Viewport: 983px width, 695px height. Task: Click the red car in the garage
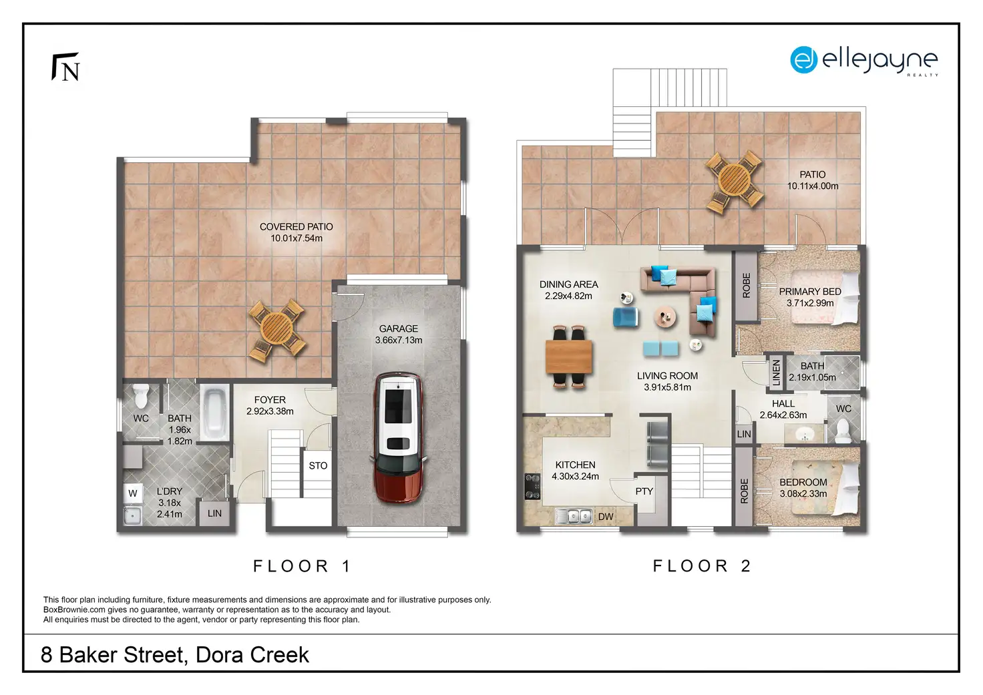398,437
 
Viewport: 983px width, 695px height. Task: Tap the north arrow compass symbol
66,67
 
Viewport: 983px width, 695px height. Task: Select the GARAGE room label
399,328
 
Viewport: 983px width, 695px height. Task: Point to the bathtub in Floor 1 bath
215,412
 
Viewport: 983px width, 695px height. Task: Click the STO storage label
318,465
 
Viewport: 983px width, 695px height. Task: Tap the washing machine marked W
133,493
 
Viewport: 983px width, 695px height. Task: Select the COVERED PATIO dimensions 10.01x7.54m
297,238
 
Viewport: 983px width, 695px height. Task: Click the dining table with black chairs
568,357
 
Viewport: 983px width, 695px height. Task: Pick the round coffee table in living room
665,316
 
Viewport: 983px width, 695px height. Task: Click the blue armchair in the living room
625,316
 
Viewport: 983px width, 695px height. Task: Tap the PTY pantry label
644,491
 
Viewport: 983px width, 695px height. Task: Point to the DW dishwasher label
606,517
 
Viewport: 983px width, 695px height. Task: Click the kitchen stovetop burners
532,486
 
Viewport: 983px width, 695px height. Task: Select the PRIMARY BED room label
810,291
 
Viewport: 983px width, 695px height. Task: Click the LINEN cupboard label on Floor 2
776,373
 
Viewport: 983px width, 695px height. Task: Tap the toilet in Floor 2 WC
843,431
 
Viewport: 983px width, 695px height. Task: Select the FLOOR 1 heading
303,566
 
